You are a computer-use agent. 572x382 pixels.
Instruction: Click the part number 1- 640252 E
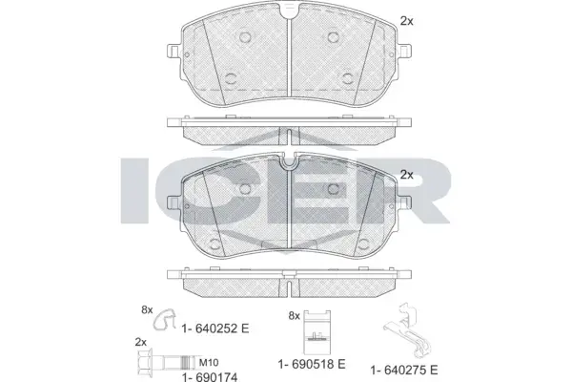tap(215, 329)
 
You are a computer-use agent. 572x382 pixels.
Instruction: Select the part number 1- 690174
tap(210, 377)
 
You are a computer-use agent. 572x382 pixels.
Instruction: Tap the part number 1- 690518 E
tap(312, 364)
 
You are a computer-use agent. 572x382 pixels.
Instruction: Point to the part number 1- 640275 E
tap(404, 370)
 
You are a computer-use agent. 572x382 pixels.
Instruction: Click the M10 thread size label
tap(209, 363)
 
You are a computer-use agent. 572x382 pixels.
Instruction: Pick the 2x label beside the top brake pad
tap(407, 21)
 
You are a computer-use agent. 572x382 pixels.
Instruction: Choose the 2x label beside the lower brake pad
tap(407, 175)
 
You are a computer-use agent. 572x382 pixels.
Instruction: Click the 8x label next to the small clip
tap(147, 310)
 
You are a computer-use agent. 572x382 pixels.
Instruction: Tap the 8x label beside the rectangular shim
tap(294, 315)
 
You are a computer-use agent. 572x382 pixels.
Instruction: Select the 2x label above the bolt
tap(141, 342)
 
